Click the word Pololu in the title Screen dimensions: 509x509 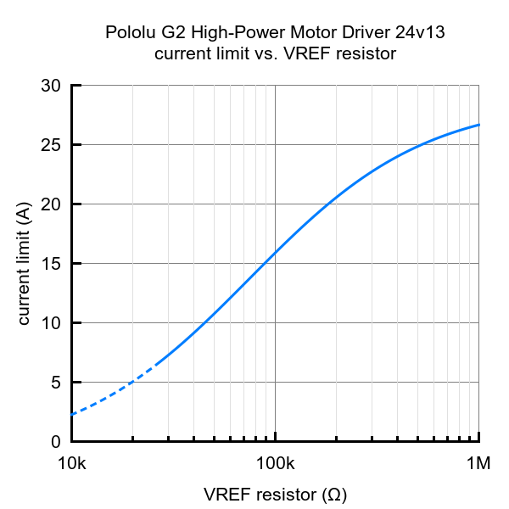[128, 34]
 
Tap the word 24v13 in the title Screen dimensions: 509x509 [420, 34]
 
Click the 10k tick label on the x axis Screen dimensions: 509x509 [71, 464]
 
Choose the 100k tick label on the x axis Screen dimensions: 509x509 [275, 464]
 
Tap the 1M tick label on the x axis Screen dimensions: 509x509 [479, 464]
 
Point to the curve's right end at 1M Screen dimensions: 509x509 [479, 125]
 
